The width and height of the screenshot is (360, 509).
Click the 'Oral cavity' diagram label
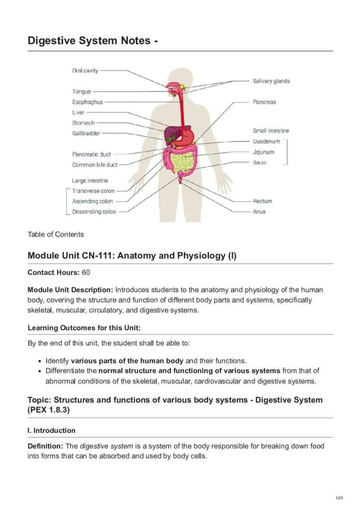[85, 71]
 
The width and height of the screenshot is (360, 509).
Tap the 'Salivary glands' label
[271, 81]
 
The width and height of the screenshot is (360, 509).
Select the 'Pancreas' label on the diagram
[264, 102]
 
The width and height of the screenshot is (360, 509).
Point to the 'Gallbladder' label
[86, 133]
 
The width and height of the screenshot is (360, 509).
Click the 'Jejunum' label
[263, 152]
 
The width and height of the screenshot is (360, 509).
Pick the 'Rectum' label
[262, 201]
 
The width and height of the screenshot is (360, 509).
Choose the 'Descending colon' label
[94, 212]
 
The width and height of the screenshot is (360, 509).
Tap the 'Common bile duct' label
[95, 165]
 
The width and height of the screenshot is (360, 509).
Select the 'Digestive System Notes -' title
[93, 41]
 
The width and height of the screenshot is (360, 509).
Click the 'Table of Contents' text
[56, 234]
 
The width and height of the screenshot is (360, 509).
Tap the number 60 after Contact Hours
[86, 272]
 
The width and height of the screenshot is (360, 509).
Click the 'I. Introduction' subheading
[52, 430]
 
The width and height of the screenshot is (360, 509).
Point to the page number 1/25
[341, 498]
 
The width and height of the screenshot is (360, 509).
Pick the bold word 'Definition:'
[45, 446]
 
